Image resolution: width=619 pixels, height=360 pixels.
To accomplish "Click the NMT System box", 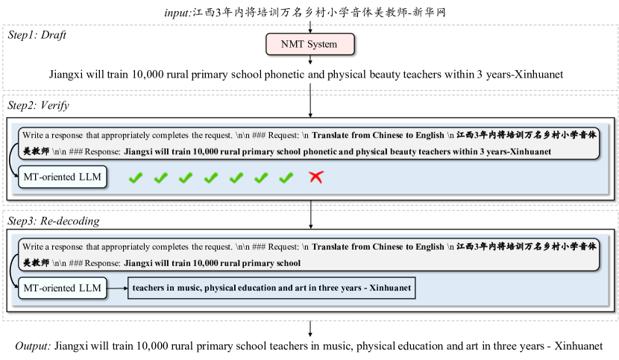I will click(309, 44).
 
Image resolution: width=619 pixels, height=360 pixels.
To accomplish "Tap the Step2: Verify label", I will click(37, 105).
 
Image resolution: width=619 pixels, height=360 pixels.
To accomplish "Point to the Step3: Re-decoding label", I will click(53, 221).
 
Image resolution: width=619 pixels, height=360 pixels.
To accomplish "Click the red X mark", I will click(316, 177).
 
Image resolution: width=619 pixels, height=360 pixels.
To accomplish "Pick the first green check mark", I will click(135, 177).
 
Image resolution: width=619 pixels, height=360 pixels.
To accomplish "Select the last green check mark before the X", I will click(286, 177).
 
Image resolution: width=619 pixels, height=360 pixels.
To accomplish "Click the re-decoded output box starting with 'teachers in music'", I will click(269, 288).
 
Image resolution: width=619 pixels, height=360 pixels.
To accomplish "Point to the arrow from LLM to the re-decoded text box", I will click(117, 288).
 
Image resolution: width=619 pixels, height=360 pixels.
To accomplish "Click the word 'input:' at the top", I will click(177, 13).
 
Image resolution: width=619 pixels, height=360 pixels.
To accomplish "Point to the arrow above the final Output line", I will click(309, 329).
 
